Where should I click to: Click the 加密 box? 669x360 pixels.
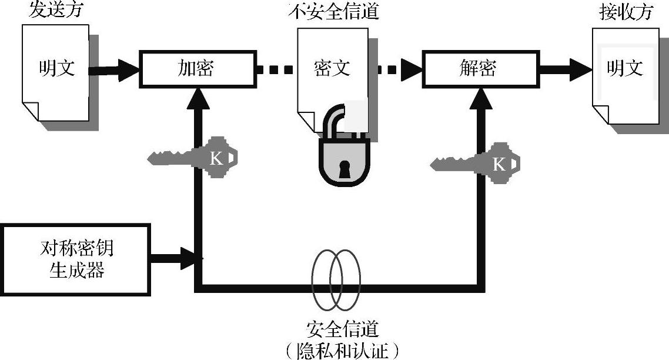point(196,69)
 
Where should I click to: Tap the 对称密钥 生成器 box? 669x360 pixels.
point(76,259)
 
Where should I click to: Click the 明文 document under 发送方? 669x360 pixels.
point(56,69)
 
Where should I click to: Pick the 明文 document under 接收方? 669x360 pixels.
point(625,69)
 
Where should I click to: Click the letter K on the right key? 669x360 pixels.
point(499,164)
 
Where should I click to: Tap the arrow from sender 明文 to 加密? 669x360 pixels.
point(115,69)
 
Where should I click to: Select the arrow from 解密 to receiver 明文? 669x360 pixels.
point(566,69)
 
